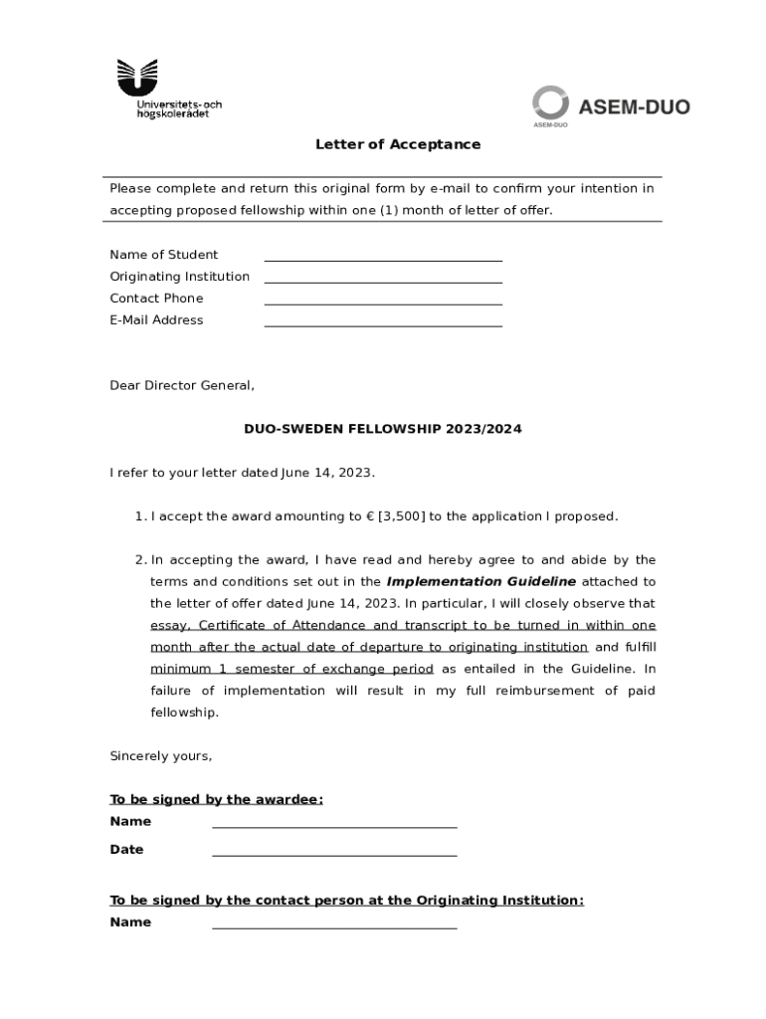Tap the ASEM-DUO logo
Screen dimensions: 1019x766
(x=610, y=106)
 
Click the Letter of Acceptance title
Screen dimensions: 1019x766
(x=398, y=144)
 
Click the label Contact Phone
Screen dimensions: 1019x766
(x=156, y=299)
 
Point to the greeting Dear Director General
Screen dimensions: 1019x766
(x=182, y=386)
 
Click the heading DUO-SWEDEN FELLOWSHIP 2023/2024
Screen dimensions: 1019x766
(x=383, y=429)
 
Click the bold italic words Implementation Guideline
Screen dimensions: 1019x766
(x=480, y=582)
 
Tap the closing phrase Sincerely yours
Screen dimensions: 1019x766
(x=160, y=756)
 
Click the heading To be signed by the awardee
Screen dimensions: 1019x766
(x=216, y=800)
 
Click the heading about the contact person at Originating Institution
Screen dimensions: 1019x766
(x=346, y=901)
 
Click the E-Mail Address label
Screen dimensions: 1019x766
(x=156, y=320)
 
